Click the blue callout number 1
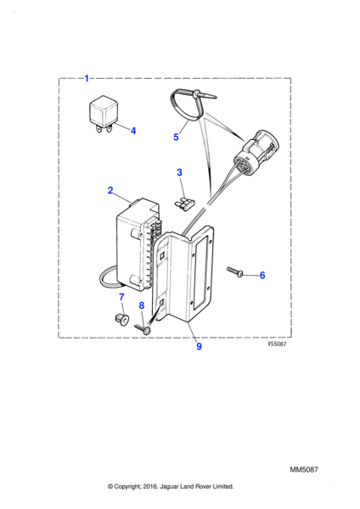[87, 79]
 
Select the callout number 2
[110, 190]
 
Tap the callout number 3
[180, 172]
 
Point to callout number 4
[133, 131]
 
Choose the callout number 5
[176, 137]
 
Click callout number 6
[262, 275]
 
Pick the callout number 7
[121, 297]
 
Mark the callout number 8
[142, 305]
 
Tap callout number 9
[200, 346]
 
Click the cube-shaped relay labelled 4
[101, 114]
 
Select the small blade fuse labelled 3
[184, 204]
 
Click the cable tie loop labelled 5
[188, 105]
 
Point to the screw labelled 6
[235, 272]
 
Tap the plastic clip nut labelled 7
[121, 319]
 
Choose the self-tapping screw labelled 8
[143, 329]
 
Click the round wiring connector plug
[256, 149]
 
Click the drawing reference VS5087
[277, 344]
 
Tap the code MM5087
[304, 469]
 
